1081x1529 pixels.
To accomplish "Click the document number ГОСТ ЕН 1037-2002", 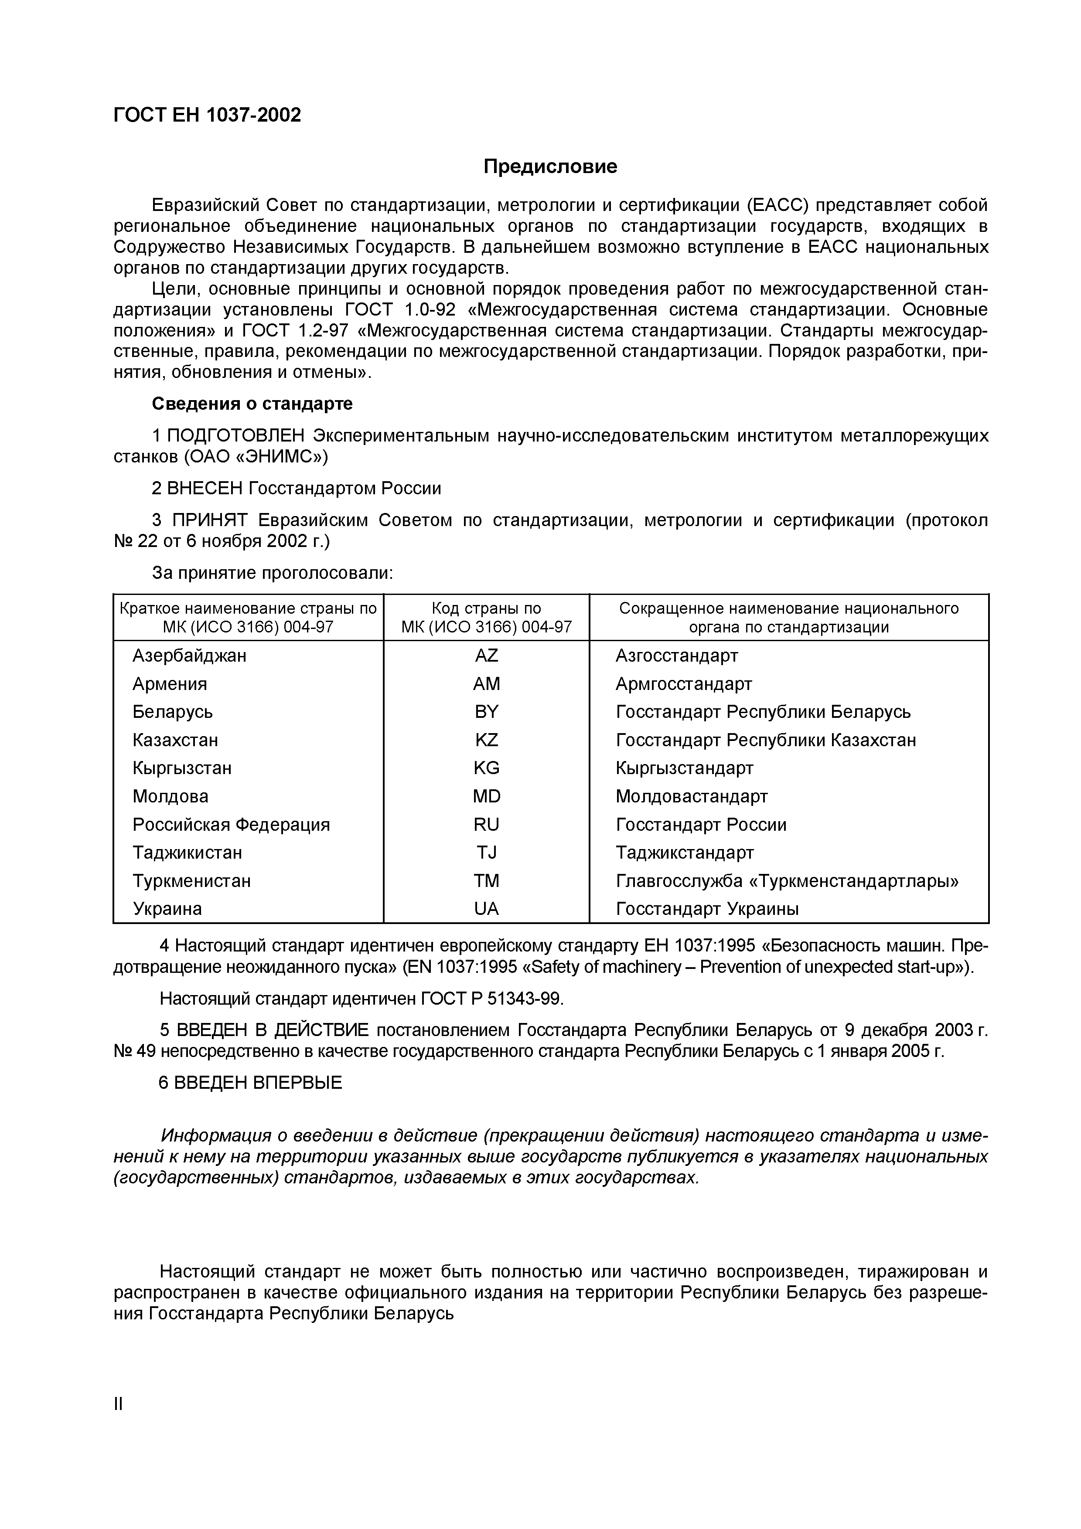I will point(207,115).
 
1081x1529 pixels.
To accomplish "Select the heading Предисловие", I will point(550,166).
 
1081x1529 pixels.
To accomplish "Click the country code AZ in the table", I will point(486,656).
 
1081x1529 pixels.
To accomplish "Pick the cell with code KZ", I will point(486,740).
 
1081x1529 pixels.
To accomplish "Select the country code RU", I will point(486,825).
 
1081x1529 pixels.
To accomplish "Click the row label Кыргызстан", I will point(182,768).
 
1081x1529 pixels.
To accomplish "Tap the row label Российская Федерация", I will point(231,825).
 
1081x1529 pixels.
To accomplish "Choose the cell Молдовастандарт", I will point(691,796).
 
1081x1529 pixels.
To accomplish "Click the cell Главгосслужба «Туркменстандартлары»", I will point(787,881).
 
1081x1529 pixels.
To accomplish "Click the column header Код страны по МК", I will point(486,617).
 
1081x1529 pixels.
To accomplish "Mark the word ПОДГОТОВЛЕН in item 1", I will point(235,435).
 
